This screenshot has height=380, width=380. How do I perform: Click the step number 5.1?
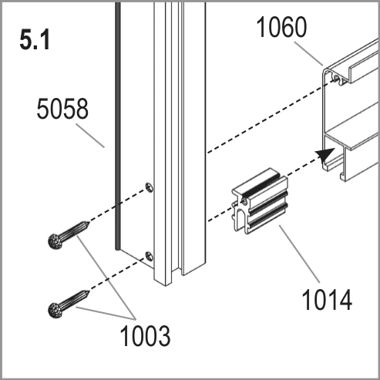[x=35, y=40]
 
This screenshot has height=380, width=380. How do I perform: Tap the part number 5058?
[x=62, y=109]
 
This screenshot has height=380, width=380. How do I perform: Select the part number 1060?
[x=281, y=27]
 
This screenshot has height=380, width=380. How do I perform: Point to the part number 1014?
[x=327, y=300]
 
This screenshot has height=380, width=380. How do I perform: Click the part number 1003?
[x=145, y=336]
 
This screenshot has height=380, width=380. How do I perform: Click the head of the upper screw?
[x=55, y=241]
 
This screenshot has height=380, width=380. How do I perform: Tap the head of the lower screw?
[x=55, y=311]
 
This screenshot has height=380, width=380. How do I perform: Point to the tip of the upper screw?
[x=89, y=222]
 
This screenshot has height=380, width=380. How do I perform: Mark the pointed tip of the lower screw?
[x=89, y=291]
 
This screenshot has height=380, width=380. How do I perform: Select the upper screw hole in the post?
[x=150, y=187]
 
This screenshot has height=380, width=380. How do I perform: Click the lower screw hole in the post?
[x=150, y=257]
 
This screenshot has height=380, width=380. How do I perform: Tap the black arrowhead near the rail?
[x=325, y=155]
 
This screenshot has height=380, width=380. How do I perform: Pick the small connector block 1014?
[x=260, y=201]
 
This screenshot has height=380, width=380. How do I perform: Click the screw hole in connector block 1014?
[x=244, y=200]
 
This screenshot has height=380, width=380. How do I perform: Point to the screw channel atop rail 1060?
[x=339, y=79]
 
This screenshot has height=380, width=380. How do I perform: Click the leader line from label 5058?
[x=90, y=136]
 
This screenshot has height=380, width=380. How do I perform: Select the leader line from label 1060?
[x=308, y=54]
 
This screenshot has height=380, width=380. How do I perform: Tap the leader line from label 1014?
[x=299, y=254]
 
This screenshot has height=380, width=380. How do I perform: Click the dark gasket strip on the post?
[x=117, y=126]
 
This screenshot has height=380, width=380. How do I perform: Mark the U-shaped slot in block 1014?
[x=240, y=219]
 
